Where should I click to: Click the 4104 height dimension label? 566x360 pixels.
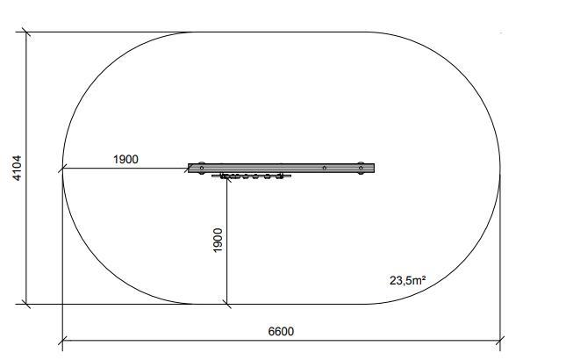tap(17, 168)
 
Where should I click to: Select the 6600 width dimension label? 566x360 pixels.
tap(281, 331)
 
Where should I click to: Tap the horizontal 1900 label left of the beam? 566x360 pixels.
tap(125, 159)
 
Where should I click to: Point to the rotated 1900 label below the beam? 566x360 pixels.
tap(218, 240)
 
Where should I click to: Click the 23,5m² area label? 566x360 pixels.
tap(407, 280)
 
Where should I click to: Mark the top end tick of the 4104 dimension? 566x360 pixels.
tap(26, 32)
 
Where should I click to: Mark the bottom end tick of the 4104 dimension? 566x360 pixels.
tap(26, 304)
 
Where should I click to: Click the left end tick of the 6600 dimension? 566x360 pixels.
tap(63, 341)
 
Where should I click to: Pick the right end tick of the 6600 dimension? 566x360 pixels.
tap(500, 341)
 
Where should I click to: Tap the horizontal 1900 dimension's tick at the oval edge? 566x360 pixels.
tap(63, 169)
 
